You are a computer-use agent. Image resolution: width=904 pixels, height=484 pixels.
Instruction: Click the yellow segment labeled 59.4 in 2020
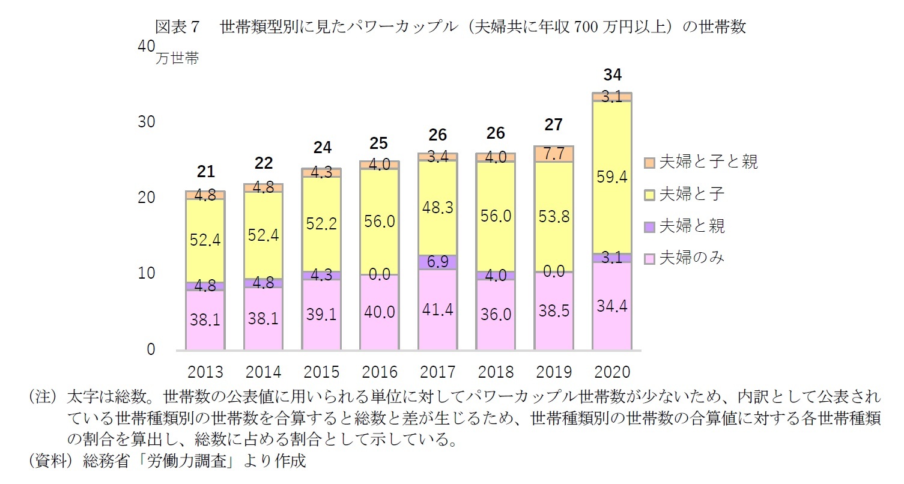[x=612, y=177]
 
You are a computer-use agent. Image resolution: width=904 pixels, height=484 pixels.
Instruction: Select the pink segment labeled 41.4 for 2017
[x=437, y=310]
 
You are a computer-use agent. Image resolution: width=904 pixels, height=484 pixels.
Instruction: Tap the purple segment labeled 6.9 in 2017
[x=437, y=262]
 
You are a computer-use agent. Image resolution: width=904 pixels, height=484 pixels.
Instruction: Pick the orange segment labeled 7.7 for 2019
[x=554, y=154]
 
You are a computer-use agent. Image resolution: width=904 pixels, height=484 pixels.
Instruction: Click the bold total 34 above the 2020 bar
[x=612, y=75]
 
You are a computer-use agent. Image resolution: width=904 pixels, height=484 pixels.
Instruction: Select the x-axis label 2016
[x=380, y=372]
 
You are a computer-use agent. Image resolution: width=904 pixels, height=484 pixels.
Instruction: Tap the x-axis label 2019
[x=554, y=372]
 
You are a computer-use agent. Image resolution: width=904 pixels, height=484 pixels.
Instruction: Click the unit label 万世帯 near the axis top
[x=177, y=59]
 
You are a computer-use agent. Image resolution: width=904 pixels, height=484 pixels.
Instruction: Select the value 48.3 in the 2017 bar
[x=437, y=208]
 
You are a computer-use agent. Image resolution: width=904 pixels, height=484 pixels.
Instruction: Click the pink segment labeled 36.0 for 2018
[x=496, y=314]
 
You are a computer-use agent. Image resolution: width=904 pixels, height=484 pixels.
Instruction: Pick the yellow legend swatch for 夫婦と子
[x=649, y=195]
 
